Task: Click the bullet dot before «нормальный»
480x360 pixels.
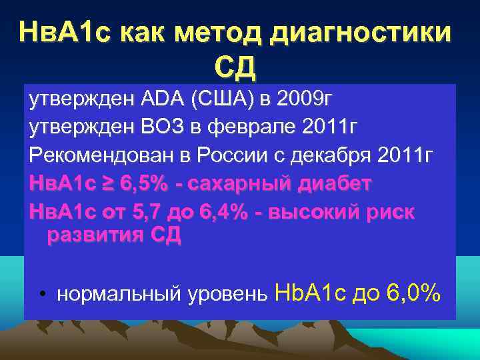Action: pos(42,293)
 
